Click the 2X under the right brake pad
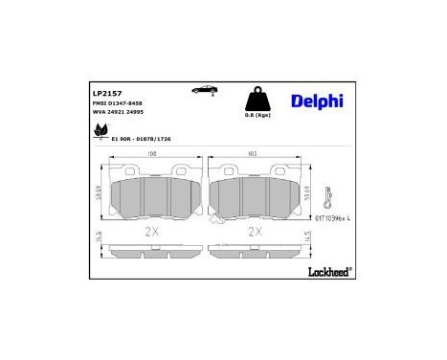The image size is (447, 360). click(256, 231)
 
